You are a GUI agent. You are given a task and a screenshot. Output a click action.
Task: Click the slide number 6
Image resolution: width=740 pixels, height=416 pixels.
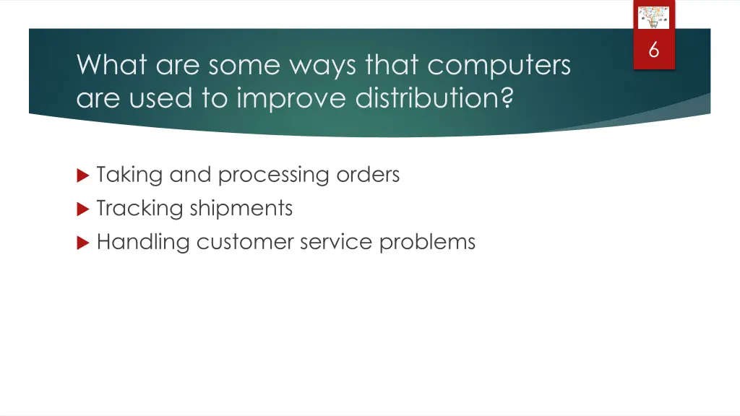point(653,51)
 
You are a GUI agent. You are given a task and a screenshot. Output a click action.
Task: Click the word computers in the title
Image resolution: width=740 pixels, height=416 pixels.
point(499,66)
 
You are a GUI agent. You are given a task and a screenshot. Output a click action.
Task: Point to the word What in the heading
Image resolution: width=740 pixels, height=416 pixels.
point(112,66)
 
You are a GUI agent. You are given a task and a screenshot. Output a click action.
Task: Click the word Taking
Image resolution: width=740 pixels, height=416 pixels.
point(130,175)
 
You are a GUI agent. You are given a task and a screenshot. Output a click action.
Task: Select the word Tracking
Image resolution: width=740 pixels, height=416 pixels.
point(139,209)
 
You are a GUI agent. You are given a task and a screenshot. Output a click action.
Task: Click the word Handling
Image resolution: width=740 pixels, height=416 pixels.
point(143,242)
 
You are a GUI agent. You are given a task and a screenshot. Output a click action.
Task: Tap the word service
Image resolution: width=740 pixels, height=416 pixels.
point(335,242)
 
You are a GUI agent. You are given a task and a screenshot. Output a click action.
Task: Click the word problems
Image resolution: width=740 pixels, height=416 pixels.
point(427,242)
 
